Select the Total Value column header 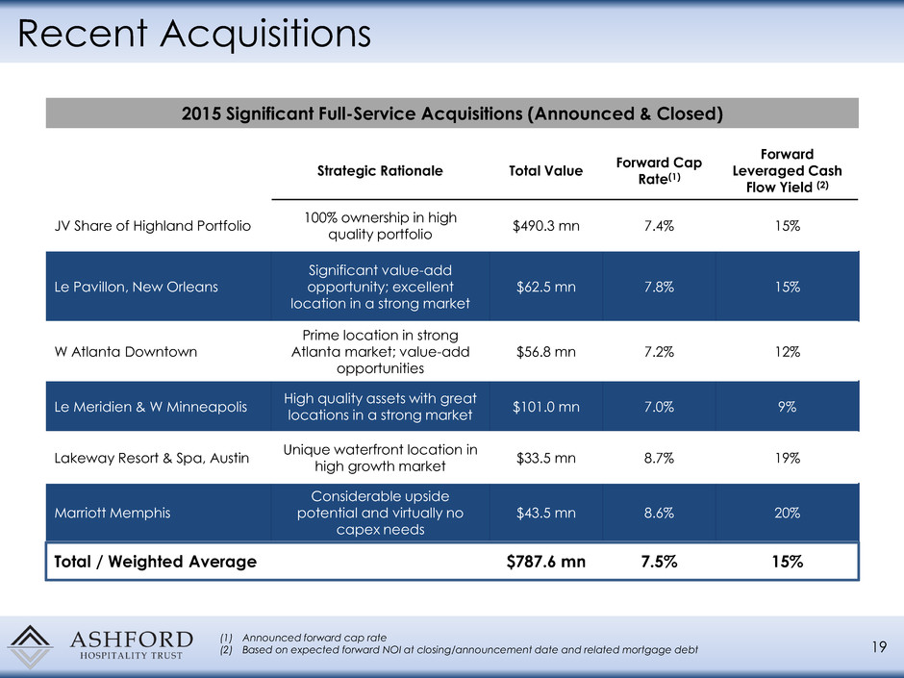[x=545, y=170]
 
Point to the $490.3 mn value [x=545, y=226]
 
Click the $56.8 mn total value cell [x=545, y=351]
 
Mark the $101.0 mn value [x=545, y=406]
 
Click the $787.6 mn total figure [x=545, y=563]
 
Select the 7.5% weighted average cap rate [x=659, y=563]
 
